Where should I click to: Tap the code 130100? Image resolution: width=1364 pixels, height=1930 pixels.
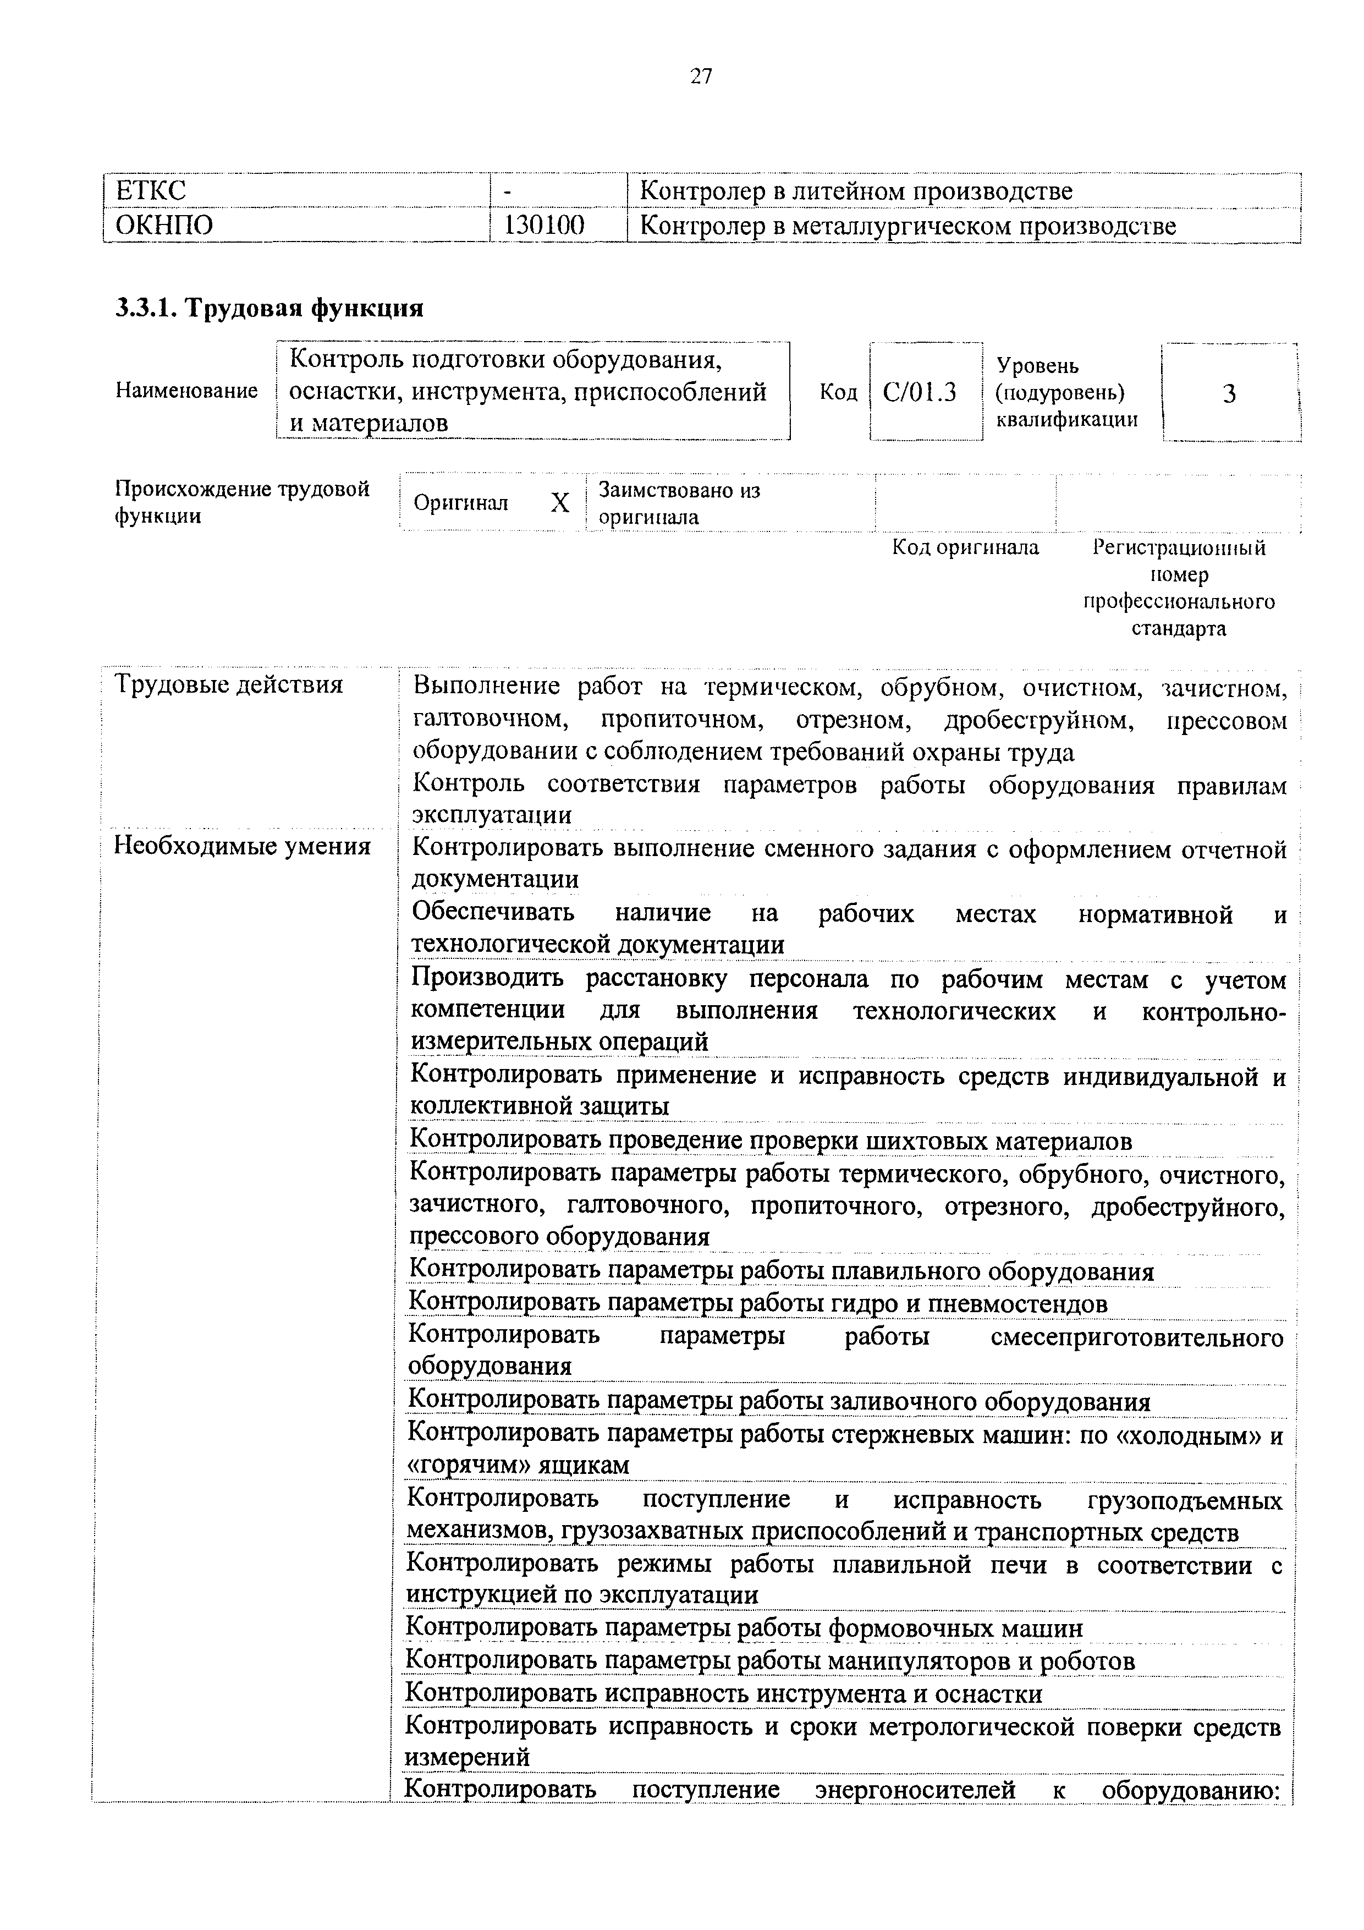coord(544,225)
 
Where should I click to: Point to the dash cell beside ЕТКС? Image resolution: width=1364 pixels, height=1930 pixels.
coord(508,191)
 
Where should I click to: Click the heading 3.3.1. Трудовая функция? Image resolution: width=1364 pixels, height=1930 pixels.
coord(269,309)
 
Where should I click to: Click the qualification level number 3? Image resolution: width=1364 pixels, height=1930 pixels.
coord(1230,393)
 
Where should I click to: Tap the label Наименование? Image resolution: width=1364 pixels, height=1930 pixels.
coord(186,391)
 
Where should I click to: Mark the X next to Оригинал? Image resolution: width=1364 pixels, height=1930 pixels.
coord(560,503)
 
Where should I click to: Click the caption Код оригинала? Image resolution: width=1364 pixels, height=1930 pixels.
coord(965,548)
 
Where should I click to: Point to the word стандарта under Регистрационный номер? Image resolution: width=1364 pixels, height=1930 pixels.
coord(1178,629)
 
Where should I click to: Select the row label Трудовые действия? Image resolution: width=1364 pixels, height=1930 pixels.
coord(229,684)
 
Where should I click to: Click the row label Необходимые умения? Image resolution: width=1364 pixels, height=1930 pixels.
coord(242,846)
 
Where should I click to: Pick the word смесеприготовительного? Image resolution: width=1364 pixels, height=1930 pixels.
coord(1137,1336)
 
